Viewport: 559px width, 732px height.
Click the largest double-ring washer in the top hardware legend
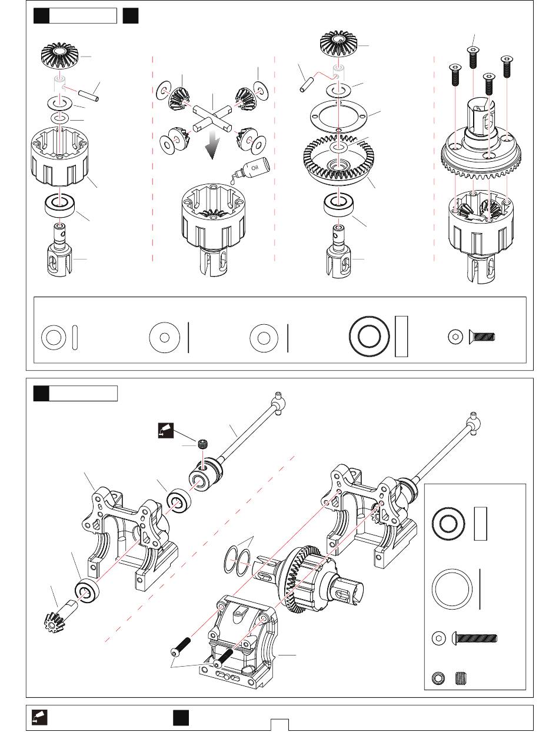coord(368,338)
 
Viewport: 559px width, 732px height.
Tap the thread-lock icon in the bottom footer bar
coord(39,717)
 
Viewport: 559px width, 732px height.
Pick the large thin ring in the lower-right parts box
coord(453,590)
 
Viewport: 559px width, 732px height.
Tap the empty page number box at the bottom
coord(279,724)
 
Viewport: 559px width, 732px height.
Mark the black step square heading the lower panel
coord(41,392)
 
